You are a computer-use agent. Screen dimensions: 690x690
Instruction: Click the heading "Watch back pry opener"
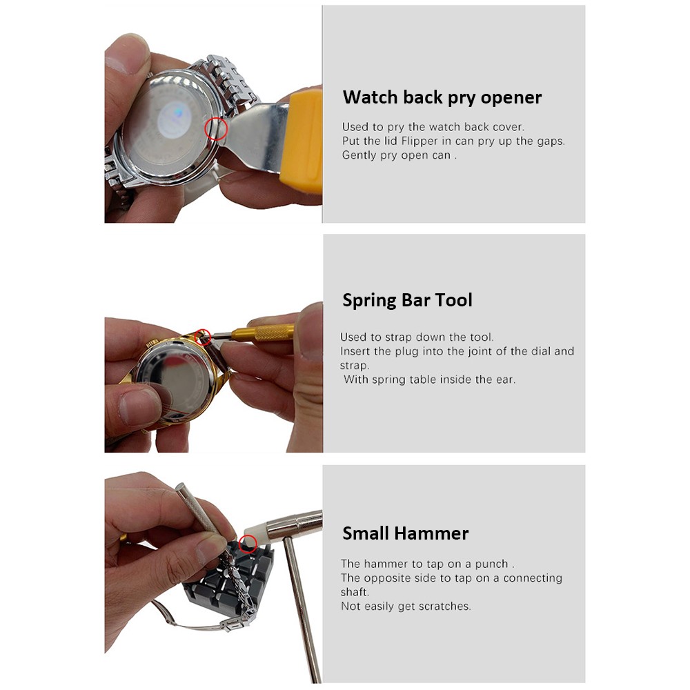[x=442, y=97]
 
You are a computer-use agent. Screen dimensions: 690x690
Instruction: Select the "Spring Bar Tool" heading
[x=407, y=300]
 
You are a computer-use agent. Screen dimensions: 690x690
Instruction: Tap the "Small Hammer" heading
[x=405, y=533]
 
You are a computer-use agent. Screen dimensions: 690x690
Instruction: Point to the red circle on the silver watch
[x=217, y=128]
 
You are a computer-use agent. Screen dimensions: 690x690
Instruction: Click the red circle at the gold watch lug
[x=203, y=337]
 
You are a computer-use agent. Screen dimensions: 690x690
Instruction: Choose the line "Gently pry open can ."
[x=400, y=155]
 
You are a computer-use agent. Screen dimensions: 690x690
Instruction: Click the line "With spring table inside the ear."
[x=429, y=379]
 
